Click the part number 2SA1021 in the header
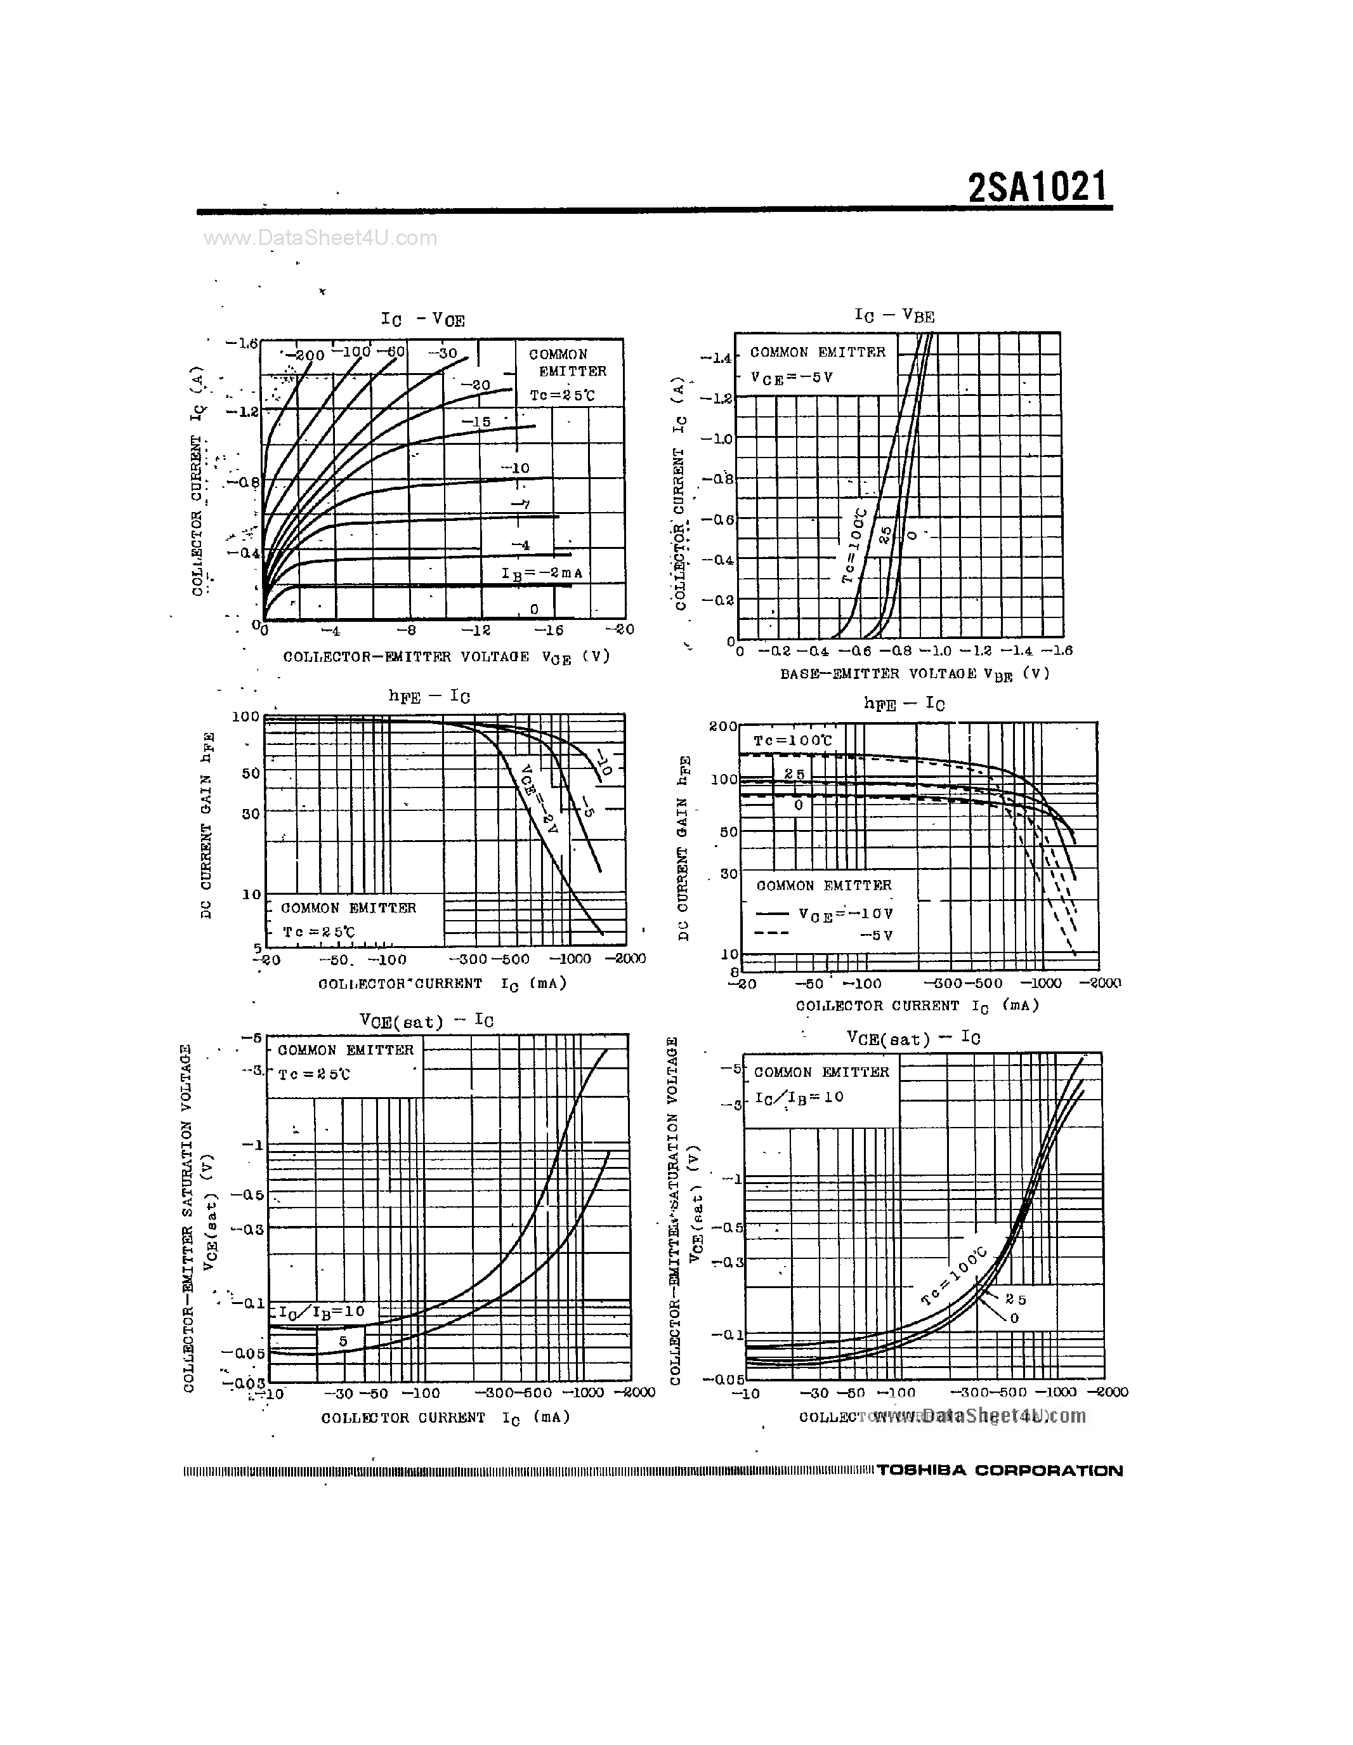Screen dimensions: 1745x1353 1038,188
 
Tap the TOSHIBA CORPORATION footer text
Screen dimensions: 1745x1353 999,1470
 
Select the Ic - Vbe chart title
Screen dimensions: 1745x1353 894,315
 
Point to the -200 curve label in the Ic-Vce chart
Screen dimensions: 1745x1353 304,355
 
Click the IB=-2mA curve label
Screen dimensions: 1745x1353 542,573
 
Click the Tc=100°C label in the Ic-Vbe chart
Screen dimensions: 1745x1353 854,545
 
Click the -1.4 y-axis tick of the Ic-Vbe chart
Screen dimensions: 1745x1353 716,357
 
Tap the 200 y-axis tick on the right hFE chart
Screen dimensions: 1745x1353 722,727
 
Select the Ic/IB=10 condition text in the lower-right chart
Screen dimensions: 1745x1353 799,1097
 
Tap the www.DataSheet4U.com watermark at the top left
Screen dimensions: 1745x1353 320,237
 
